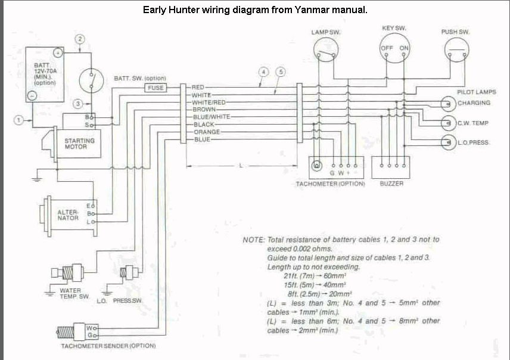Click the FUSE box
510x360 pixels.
[x=156, y=88]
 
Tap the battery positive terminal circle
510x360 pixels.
[x=58, y=52]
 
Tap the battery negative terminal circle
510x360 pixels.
[x=32, y=96]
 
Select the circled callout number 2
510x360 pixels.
[x=80, y=39]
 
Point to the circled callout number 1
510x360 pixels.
[x=18, y=120]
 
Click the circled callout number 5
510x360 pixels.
[x=281, y=72]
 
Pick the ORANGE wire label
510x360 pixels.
[x=207, y=132]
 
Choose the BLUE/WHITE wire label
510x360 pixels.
[x=212, y=117]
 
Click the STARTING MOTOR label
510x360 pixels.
[x=79, y=144]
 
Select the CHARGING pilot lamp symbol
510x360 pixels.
[x=448, y=104]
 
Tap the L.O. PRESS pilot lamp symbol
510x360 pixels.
[x=448, y=142]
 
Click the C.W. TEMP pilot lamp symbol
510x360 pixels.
[x=448, y=123]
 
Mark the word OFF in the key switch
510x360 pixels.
[x=387, y=48]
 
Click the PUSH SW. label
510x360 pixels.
[x=455, y=32]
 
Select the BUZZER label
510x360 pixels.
[x=391, y=184]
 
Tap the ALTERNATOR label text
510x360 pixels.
[x=68, y=215]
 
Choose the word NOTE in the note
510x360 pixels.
[x=254, y=240]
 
